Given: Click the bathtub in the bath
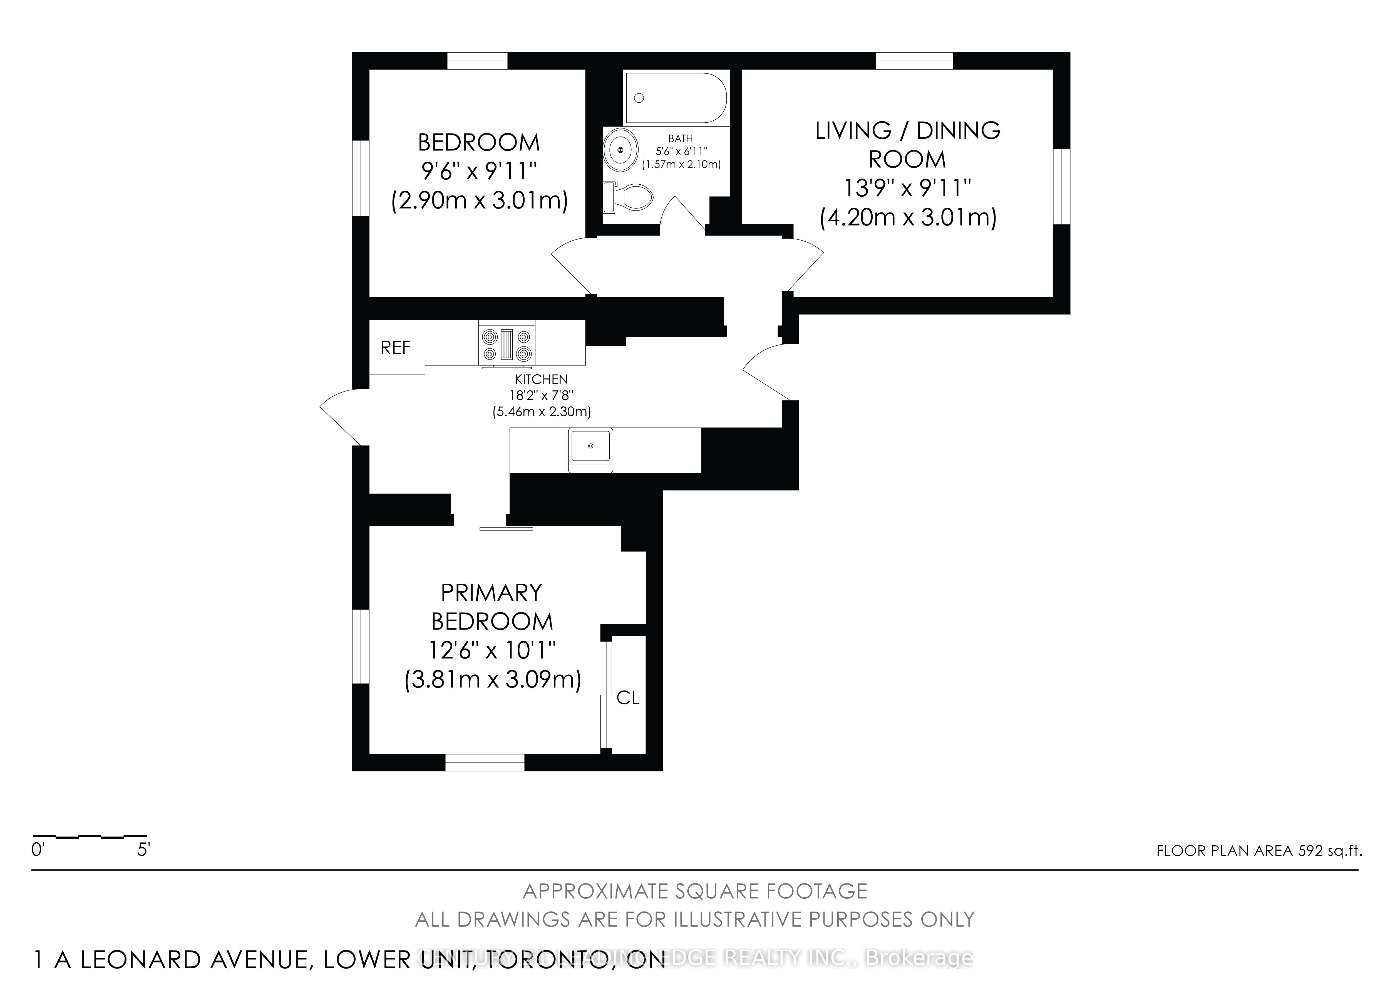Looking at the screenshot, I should pos(676,98).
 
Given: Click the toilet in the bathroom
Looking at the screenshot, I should pos(630,197).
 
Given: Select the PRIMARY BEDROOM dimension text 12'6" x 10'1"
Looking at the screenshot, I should pos(492,650).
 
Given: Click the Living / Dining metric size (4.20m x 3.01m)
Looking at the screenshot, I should pos(907,217).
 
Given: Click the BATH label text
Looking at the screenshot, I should pos(681,139).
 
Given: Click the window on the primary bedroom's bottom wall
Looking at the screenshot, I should pos(485,762).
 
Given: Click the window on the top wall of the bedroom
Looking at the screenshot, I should pos(477,61).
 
